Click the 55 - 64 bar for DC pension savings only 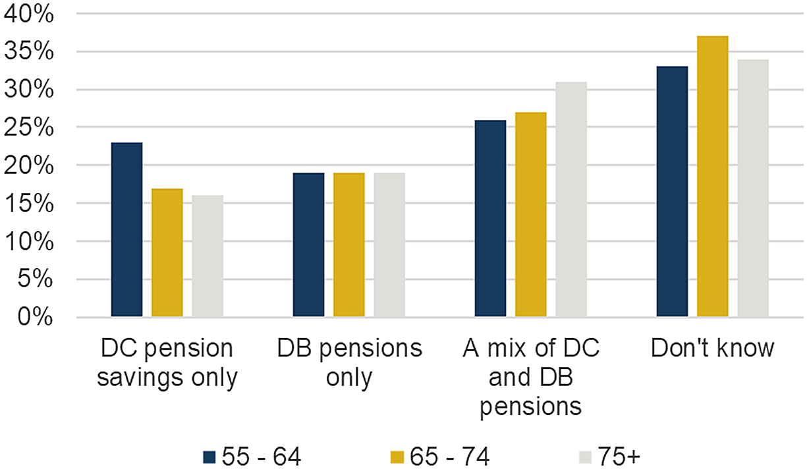point(126,230)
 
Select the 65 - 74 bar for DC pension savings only point(167,253)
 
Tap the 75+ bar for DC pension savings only point(208,256)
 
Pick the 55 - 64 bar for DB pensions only point(308,245)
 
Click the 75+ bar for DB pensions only point(389,245)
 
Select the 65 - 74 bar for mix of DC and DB point(530,215)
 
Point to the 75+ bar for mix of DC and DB point(571,200)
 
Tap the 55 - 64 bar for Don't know point(672,192)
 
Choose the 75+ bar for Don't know point(753,188)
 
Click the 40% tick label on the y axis point(28,14)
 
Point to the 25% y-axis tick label point(28,128)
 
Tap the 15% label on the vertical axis point(28,204)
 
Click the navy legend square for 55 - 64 point(210,456)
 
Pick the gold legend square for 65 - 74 point(397,456)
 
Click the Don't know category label point(712,348)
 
